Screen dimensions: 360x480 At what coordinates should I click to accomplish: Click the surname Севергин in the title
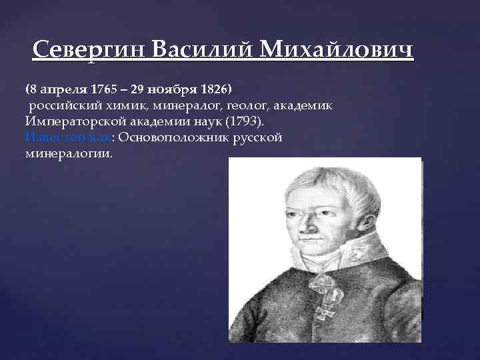tap(89, 51)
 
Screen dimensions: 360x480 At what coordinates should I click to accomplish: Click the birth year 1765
tap(103, 89)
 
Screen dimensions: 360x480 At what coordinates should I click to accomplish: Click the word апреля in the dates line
tap(63, 89)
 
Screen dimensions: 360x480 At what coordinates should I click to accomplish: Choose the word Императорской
tap(73, 121)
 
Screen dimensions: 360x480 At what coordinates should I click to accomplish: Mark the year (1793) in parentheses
tap(243, 121)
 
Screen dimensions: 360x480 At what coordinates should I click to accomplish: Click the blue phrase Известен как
tap(67, 137)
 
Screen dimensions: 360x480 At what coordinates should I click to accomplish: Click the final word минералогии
tap(69, 153)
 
